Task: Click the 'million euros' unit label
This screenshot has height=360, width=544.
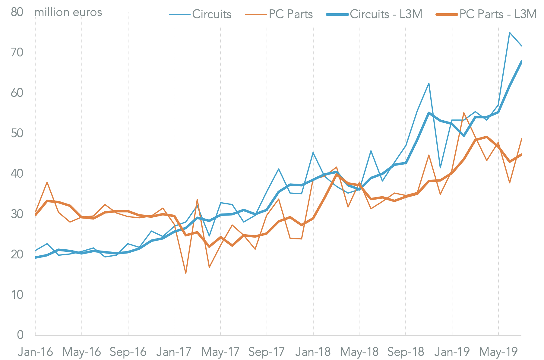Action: [68, 12]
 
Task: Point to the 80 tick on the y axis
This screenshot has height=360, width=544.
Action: [17, 12]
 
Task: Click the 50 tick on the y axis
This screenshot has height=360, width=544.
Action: [17, 133]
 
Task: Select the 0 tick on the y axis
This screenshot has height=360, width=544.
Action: [20, 335]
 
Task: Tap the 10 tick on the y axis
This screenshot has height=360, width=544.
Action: [17, 295]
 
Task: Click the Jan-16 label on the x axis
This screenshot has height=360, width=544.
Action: [35, 352]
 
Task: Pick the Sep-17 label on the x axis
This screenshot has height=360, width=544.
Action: [267, 352]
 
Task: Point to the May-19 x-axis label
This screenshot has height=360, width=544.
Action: [498, 352]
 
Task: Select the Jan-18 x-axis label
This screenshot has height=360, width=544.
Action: [313, 352]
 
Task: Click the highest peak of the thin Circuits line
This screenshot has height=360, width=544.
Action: [510, 33]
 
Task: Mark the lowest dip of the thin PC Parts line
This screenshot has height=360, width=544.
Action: [186, 273]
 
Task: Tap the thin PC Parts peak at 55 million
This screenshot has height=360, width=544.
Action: [463, 113]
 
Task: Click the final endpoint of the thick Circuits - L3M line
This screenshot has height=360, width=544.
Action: [521, 62]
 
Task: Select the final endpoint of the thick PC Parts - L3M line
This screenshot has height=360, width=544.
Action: [521, 154]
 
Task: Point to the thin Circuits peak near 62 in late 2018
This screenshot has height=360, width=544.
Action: [429, 83]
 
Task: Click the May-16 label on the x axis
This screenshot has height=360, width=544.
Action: [82, 352]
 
